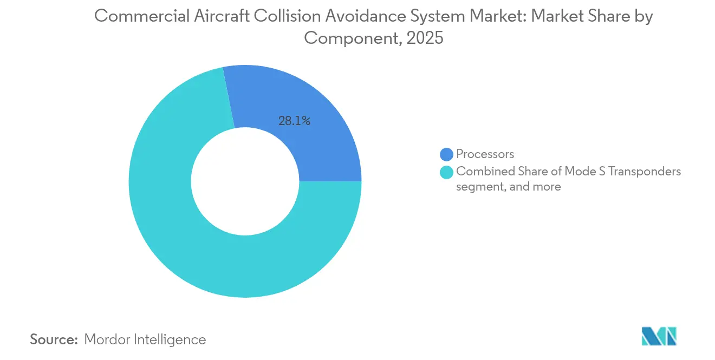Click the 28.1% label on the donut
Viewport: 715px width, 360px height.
294,121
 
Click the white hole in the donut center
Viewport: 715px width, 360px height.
245,181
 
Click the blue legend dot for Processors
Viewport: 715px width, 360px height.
446,154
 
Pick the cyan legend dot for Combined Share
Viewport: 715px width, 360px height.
446,172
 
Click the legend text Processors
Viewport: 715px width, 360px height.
485,154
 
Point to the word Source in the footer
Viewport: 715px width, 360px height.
54,339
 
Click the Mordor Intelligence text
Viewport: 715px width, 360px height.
145,339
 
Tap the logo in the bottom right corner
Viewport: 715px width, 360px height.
659,336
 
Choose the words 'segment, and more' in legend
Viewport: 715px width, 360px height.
509,187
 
